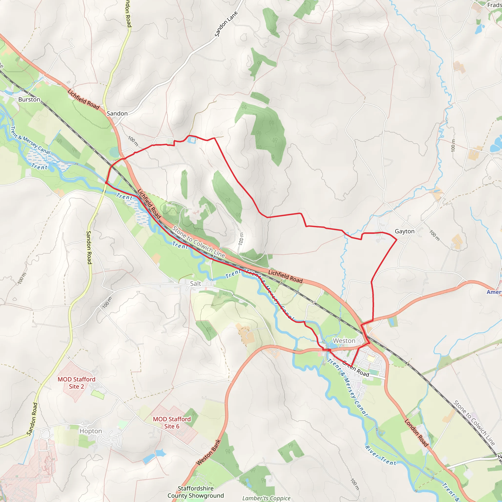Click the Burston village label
[x=29, y=100]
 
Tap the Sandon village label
[x=117, y=113]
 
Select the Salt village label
[x=195, y=284]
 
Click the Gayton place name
[x=404, y=231]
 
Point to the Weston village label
[x=344, y=341]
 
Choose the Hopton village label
[x=91, y=431]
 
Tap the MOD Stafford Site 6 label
[x=172, y=423]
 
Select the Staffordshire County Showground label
[x=196, y=492]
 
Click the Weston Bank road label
[x=209, y=452]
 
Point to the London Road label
[x=416, y=433]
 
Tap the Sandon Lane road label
[x=226, y=24]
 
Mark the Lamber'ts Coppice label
[x=266, y=498]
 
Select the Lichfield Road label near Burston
[x=83, y=99]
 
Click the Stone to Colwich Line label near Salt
[x=199, y=242]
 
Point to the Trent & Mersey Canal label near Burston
[x=30, y=140]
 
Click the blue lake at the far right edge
[x=496, y=145]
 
